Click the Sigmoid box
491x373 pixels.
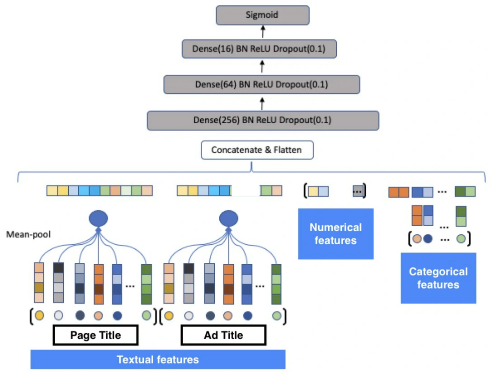(262, 15)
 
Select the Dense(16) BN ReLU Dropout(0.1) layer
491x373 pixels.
(260, 49)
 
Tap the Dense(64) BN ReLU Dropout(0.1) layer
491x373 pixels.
(261, 84)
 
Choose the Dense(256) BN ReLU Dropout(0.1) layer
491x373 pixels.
(263, 120)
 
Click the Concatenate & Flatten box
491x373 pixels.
(257, 150)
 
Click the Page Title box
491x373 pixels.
(95, 336)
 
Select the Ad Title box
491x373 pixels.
(223, 336)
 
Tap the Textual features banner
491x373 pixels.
(158, 359)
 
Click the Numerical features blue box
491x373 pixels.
(335, 233)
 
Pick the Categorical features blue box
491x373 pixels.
(438, 278)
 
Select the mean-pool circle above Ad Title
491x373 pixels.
(228, 219)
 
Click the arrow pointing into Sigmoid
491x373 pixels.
(262, 32)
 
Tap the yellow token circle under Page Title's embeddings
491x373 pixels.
(39, 315)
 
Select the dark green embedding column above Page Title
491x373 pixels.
(146, 283)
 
